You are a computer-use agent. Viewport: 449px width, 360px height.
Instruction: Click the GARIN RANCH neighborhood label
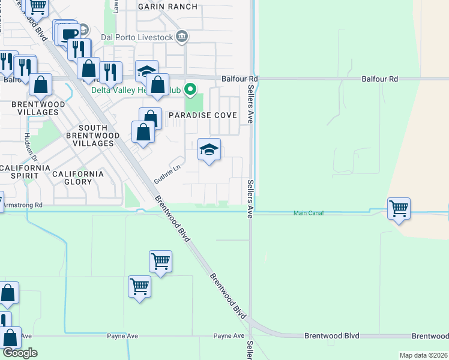[x=167, y=7]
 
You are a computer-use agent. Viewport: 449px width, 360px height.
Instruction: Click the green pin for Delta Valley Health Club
[x=190, y=90]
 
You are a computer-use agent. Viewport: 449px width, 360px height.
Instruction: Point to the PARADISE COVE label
[x=202, y=115]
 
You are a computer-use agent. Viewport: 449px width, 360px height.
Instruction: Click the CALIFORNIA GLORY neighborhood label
[x=77, y=174]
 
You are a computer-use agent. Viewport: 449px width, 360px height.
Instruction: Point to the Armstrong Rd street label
[x=23, y=205]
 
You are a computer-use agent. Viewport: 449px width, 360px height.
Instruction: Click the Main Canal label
[x=309, y=213]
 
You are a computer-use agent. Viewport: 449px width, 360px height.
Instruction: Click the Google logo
[x=20, y=353]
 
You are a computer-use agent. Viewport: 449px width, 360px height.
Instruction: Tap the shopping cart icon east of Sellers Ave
[x=399, y=209]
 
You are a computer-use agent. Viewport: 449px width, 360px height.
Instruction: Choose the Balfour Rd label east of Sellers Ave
[x=379, y=79]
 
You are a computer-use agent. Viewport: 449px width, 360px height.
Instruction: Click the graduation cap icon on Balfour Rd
[x=146, y=71]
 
